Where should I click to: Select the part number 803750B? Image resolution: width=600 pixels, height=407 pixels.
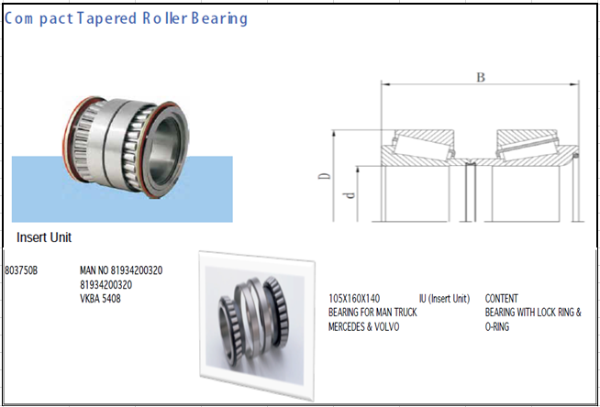pyautogui.click(x=22, y=271)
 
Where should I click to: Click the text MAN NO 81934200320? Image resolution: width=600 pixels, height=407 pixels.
pyautogui.click(x=121, y=271)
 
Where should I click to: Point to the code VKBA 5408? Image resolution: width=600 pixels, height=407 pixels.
pyautogui.click(x=101, y=298)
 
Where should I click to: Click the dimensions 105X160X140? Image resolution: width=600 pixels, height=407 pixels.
pyautogui.click(x=353, y=299)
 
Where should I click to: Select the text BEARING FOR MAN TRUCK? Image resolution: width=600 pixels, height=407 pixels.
pyautogui.click(x=372, y=313)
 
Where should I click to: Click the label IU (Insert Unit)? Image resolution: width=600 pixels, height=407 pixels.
pyautogui.click(x=444, y=299)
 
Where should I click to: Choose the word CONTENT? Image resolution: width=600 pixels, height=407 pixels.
pyautogui.click(x=501, y=299)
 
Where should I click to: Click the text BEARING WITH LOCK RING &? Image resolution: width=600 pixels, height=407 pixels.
pyautogui.click(x=532, y=313)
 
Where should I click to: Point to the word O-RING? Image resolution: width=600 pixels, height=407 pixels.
pyautogui.click(x=500, y=326)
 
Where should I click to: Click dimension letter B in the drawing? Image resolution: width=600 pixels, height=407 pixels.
pyautogui.click(x=480, y=78)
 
